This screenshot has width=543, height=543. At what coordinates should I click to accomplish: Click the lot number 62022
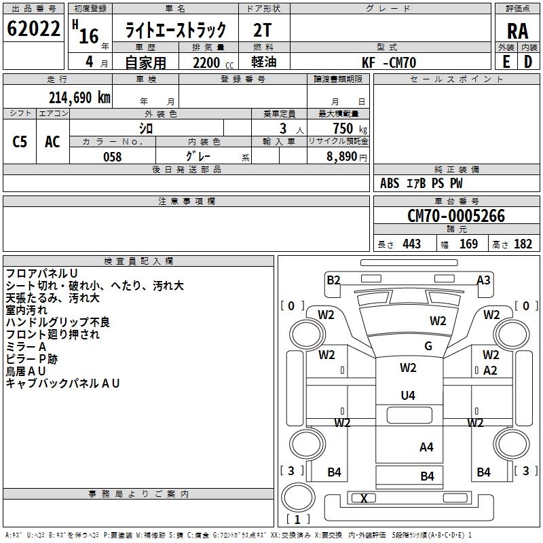point(33,30)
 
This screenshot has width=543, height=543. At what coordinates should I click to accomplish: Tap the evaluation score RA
point(517,31)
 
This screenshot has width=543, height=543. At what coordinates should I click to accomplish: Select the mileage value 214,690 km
point(79,97)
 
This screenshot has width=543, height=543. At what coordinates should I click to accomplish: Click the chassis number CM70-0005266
point(455,216)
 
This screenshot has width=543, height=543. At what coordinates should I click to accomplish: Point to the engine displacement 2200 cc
point(207,62)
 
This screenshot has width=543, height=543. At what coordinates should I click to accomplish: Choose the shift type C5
point(20,142)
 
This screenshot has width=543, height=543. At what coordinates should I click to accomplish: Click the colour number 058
point(112,157)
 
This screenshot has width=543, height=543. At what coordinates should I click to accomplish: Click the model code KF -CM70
point(389,62)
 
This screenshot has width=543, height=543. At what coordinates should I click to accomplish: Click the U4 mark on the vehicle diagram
point(408,395)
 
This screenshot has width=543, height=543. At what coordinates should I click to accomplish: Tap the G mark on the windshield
point(428,346)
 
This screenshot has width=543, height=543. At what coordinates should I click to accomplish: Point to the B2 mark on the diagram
point(333,280)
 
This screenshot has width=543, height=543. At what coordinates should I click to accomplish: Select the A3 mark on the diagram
point(483,280)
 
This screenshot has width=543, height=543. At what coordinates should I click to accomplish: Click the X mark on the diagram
point(364,498)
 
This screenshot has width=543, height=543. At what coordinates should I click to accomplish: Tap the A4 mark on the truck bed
point(426,447)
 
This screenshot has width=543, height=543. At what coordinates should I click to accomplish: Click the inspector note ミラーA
point(26,346)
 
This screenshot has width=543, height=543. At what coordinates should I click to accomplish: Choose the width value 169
point(468,244)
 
